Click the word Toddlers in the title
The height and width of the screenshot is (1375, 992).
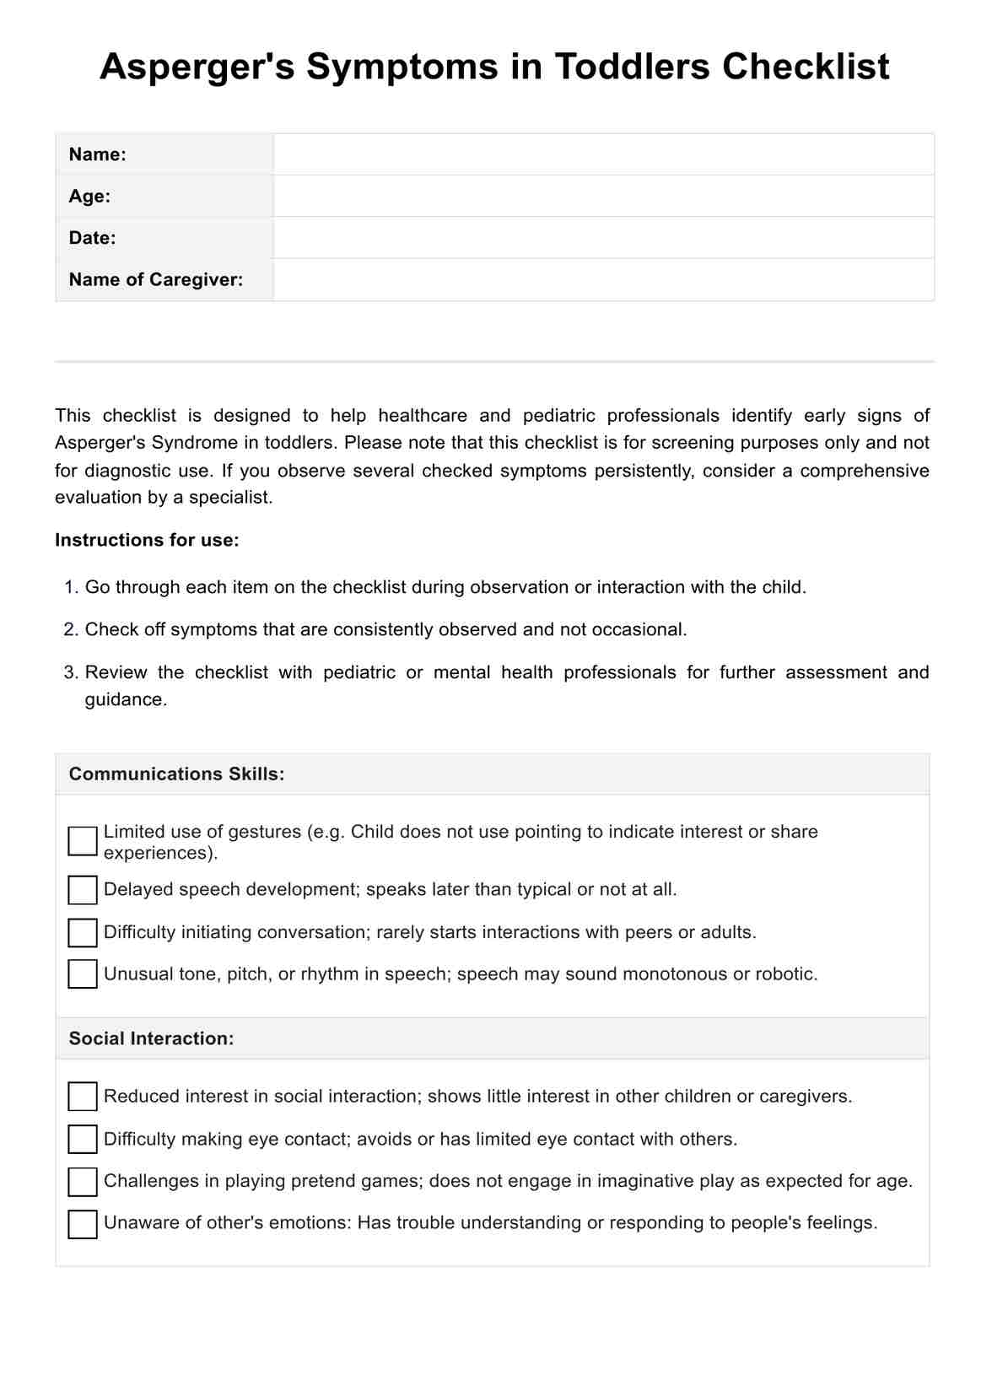(632, 67)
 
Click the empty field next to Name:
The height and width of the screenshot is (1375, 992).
(603, 154)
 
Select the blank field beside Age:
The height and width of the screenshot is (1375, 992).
(603, 196)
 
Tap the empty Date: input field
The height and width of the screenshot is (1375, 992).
(603, 238)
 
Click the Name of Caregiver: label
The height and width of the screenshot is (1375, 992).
(156, 279)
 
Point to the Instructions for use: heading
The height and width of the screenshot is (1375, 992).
(147, 540)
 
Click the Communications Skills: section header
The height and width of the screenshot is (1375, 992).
(176, 774)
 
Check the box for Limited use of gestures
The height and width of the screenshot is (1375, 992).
(83, 841)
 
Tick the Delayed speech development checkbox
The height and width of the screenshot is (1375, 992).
(83, 890)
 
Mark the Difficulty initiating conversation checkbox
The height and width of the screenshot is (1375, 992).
(83, 932)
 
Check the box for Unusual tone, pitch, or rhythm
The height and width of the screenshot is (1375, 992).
(83, 973)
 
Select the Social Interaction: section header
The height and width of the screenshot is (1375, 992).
(151, 1038)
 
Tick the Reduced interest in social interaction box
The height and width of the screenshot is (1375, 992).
(83, 1097)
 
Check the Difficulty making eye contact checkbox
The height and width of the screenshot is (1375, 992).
(83, 1139)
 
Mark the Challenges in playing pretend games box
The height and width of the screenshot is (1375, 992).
(83, 1181)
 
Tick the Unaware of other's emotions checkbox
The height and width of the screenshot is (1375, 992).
(83, 1224)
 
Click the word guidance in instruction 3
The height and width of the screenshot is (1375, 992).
(126, 700)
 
